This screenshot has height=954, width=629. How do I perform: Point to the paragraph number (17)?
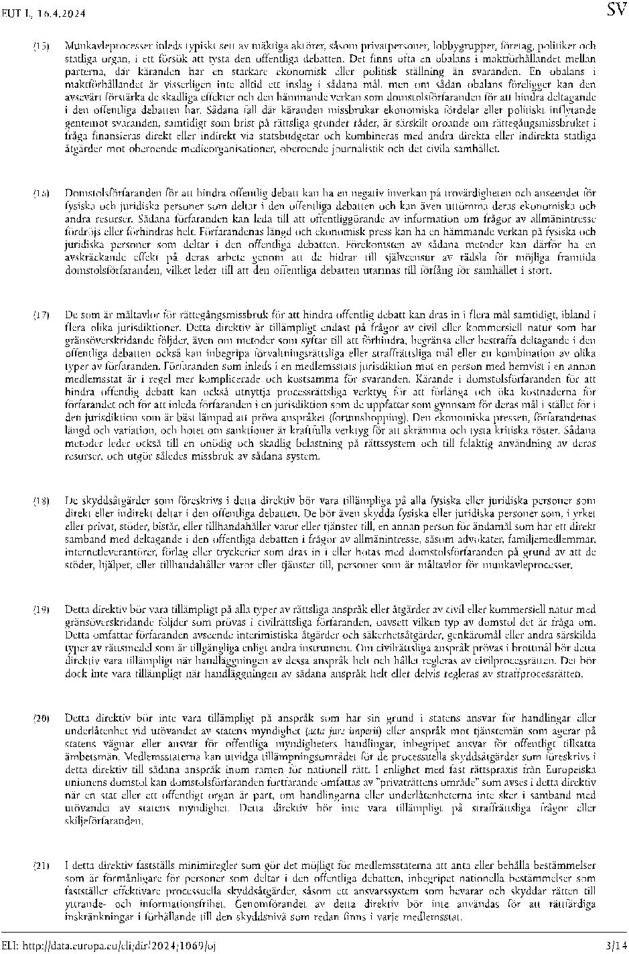coord(42,315)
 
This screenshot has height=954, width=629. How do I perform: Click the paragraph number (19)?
coord(42,609)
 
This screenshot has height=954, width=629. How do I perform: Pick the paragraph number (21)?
coord(42,866)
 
